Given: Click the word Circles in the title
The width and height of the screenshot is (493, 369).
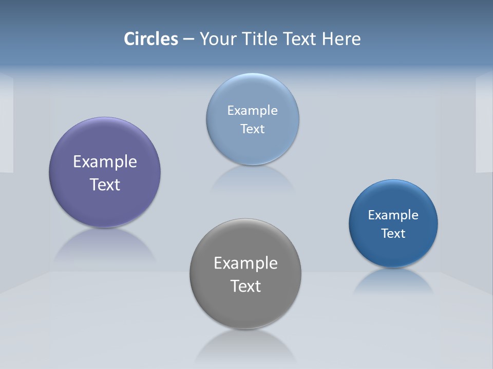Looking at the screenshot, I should (151, 39).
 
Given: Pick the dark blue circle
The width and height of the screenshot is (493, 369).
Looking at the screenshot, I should (393, 251).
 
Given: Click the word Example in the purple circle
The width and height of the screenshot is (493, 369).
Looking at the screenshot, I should (105, 162).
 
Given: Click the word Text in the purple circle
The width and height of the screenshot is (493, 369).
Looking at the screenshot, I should (105, 184).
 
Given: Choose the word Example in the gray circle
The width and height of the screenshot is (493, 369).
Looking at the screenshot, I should (245, 263).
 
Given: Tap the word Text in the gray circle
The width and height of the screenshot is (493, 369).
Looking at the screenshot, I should (245, 286).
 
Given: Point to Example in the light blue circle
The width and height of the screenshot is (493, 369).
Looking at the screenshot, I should (253, 111).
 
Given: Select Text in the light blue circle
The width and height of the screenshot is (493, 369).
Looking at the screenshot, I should (253, 129).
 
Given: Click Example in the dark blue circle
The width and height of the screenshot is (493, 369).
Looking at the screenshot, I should (393, 215).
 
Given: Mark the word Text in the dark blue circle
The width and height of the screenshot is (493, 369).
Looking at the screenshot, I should (393, 234).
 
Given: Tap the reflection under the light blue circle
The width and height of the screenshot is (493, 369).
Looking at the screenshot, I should (253, 179).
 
